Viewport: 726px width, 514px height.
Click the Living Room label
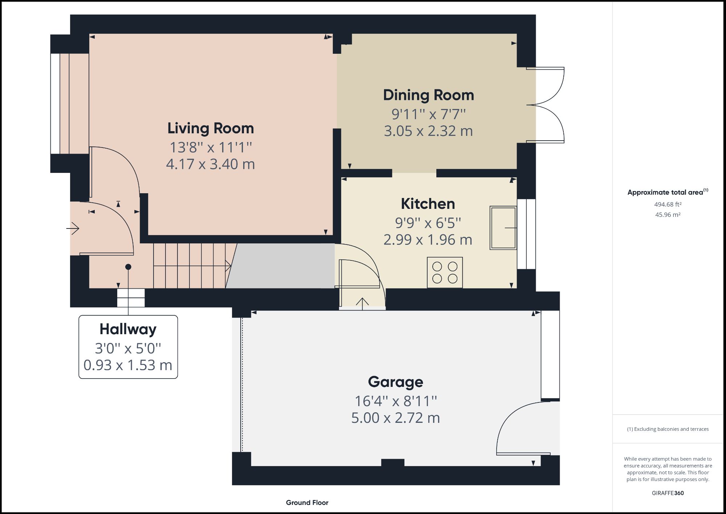pyautogui.click(x=211, y=128)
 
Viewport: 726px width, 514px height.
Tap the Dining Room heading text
pyautogui.click(x=428, y=95)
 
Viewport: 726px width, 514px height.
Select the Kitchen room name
pyautogui.click(x=428, y=204)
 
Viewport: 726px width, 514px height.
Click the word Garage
pyautogui.click(x=395, y=382)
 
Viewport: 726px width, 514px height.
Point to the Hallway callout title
pyautogui.click(x=128, y=329)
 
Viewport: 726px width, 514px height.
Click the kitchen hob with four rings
pyautogui.click(x=445, y=272)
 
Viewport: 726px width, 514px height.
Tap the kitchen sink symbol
pyautogui.click(x=503, y=228)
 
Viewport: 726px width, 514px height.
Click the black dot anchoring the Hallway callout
pyautogui.click(x=128, y=267)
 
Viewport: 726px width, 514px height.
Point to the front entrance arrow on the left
pyautogui.click(x=73, y=228)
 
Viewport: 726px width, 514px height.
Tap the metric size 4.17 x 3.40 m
pyautogui.click(x=211, y=164)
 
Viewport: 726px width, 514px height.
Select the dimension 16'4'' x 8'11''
pyautogui.click(x=395, y=401)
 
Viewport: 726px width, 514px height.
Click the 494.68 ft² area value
pyautogui.click(x=668, y=205)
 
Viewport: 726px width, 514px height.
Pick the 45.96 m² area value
pyautogui.click(x=668, y=215)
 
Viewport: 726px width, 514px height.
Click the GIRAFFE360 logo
pyautogui.click(x=668, y=493)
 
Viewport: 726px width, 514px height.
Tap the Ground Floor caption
pyautogui.click(x=307, y=502)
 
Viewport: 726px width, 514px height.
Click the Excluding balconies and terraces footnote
pyautogui.click(x=668, y=429)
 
